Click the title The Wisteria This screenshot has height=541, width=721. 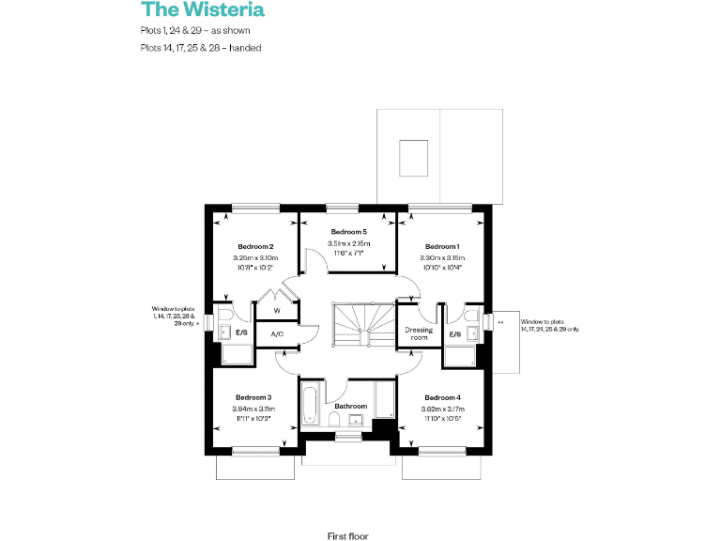tap(202, 10)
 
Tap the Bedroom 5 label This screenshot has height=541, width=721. tap(347, 231)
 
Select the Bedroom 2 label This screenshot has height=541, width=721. tap(254, 245)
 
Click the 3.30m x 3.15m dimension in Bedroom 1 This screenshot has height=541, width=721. tap(441, 257)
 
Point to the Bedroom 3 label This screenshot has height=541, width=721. tap(253, 397)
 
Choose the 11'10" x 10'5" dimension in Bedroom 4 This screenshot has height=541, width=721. tap(441, 419)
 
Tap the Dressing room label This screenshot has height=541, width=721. tap(418, 334)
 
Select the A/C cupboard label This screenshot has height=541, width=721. tap(277, 334)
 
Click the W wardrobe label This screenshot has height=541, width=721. tap(277, 311)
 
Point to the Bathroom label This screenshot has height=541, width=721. tap(349, 406)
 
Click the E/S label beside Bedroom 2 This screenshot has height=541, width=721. tap(241, 332)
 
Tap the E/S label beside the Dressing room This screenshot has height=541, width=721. tap(454, 333)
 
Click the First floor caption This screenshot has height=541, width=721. tap(346, 535)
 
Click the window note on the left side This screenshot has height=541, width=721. tap(176, 316)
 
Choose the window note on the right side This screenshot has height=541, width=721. tap(550, 326)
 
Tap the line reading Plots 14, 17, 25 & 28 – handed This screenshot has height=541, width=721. tap(200, 47)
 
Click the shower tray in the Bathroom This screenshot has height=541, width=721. tap(385, 399)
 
